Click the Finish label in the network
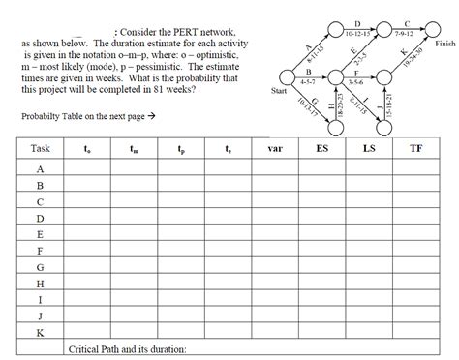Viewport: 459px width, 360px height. coord(444,45)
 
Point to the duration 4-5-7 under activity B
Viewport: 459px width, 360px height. coord(308,81)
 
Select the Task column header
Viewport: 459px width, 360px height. coord(41,149)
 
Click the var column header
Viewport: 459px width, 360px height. coord(274,149)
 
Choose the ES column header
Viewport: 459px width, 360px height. coord(321,149)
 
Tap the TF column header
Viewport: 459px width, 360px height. coord(415,149)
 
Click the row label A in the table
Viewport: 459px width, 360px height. coord(40,168)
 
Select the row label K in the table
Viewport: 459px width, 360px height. coord(40,333)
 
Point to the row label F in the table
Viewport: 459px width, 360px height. coord(40,251)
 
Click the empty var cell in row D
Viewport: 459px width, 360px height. coord(274,218)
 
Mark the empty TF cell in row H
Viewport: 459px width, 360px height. coord(415,284)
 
